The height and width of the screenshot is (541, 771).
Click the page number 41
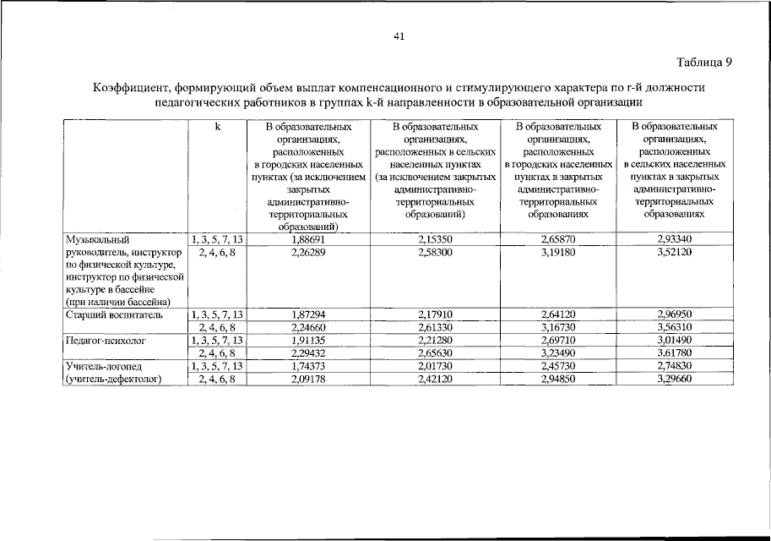tap(400, 36)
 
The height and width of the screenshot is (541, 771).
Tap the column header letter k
tap(217, 127)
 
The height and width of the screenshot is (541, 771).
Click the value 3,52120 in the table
tap(674, 252)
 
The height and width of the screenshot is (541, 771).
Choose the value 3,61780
tap(674, 352)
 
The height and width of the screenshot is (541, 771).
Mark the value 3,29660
tap(674, 378)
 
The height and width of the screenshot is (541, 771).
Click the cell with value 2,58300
tap(436, 252)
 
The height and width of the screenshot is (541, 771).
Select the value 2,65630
tap(436, 352)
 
